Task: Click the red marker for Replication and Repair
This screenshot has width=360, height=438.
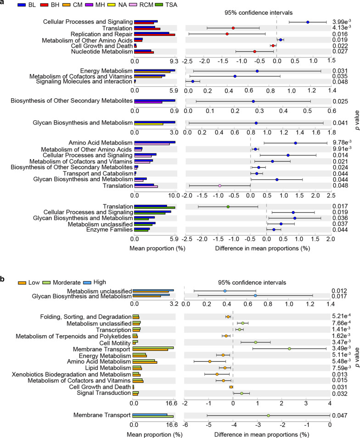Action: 227,34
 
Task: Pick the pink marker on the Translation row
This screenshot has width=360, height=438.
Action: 220,186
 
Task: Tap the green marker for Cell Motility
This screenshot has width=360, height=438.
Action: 256,343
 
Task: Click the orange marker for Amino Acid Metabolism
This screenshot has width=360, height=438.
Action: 210,362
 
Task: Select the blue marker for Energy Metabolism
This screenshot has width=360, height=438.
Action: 257,71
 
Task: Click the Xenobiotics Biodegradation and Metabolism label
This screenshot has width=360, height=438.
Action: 67,375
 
